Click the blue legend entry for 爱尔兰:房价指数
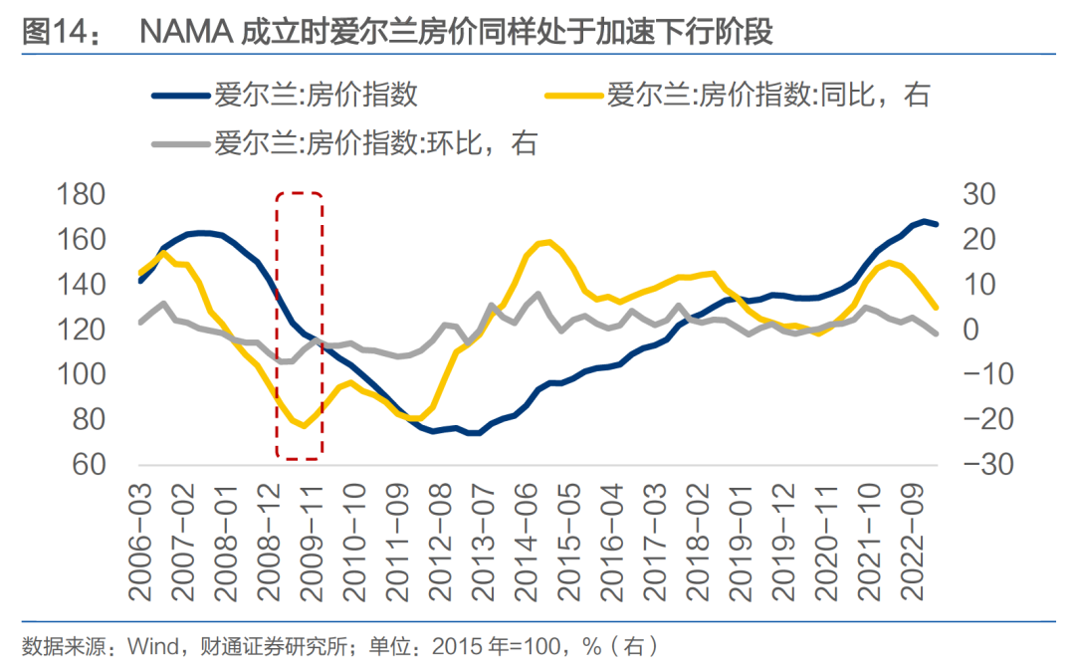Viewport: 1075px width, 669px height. pos(315,96)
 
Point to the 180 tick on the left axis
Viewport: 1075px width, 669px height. pos(103,195)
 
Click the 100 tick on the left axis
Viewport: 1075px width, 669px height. pos(103,375)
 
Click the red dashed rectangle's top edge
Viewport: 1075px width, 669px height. pos(300,193)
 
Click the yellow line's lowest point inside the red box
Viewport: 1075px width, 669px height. pos(304,426)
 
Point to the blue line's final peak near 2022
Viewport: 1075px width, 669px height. pos(925,221)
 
